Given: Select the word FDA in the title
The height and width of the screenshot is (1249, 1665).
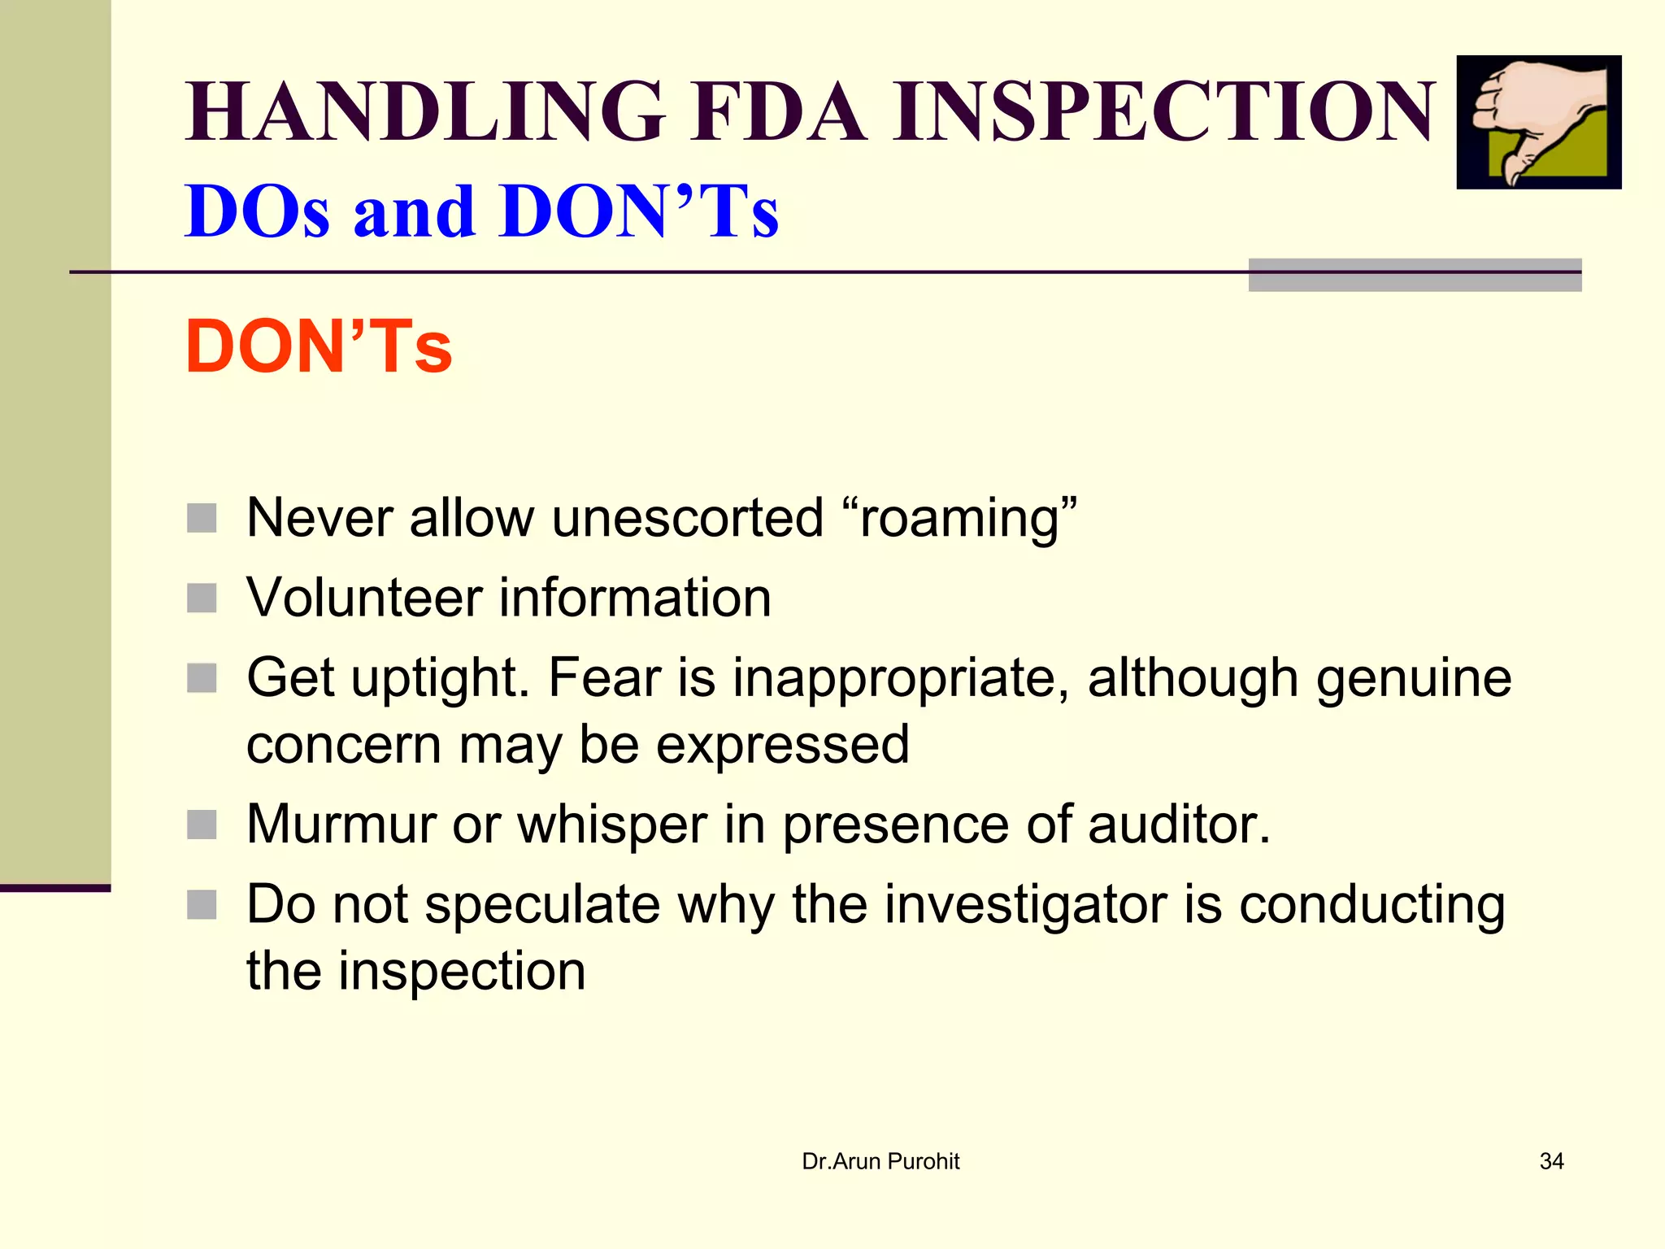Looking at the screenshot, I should tap(779, 111).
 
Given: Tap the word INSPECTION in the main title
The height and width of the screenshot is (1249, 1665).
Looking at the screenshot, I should tap(1163, 111).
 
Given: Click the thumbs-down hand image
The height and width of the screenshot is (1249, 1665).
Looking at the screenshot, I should tap(1538, 122).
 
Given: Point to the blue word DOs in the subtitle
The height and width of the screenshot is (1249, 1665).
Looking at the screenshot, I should tap(257, 211).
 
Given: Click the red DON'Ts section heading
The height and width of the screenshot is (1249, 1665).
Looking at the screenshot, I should tap(319, 347).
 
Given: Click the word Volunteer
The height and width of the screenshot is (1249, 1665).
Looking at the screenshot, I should tap(364, 598).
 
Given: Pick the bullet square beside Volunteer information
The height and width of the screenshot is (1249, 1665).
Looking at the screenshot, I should tap(202, 598).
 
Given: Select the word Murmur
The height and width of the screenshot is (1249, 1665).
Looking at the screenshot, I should tap(341, 825).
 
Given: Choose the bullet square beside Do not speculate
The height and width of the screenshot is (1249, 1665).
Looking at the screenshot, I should tap(202, 904).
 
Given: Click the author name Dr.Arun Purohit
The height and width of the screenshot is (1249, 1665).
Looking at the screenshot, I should tap(880, 1161).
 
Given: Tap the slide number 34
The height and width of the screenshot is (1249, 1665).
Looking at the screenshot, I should tap(1551, 1161).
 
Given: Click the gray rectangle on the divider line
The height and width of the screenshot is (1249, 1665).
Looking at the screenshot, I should tap(1415, 275).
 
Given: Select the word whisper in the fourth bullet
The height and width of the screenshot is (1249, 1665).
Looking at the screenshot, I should tap(611, 825).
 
